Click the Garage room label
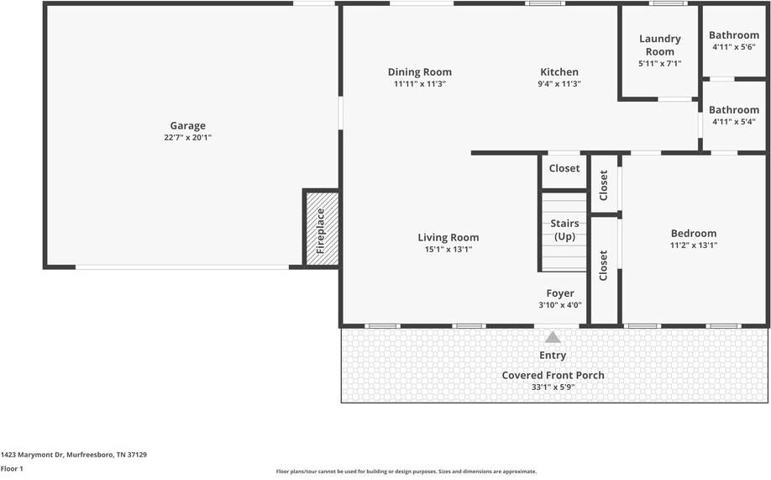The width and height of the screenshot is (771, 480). point(187,126)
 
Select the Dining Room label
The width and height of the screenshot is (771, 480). point(419,72)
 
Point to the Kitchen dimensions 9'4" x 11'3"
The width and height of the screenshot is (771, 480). point(559,84)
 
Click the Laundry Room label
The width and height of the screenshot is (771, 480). point(659,45)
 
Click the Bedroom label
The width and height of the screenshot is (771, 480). point(693,234)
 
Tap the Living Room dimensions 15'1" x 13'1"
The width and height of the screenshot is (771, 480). point(448,250)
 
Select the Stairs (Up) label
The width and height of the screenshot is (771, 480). point(564,230)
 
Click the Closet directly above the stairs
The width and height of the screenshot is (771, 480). point(564,169)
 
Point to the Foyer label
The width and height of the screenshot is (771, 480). point(560,293)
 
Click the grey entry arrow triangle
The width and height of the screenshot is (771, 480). point(553,337)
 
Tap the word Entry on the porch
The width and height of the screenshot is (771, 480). point(553,356)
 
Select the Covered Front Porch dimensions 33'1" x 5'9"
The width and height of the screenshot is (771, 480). point(553,388)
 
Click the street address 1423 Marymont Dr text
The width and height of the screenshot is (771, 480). point(74,455)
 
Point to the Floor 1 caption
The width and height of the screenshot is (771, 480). point(13,469)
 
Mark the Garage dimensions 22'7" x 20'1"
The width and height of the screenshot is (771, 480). point(187,138)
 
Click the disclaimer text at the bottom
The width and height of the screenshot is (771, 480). point(406,472)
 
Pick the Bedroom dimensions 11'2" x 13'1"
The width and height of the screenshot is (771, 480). point(693,245)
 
